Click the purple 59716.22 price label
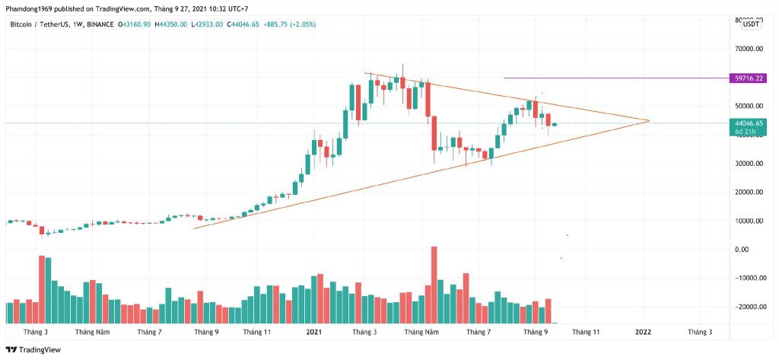pyautogui.click(x=746, y=78)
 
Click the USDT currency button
pyautogui.click(x=751, y=24)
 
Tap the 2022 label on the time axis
pyautogui.click(x=643, y=332)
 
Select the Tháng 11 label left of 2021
pyautogui.click(x=256, y=332)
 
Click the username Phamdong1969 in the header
pyautogui.click(x=30, y=9)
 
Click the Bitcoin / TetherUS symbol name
pyautogui.click(x=43, y=24)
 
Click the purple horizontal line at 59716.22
pyautogui.click(x=609, y=78)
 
